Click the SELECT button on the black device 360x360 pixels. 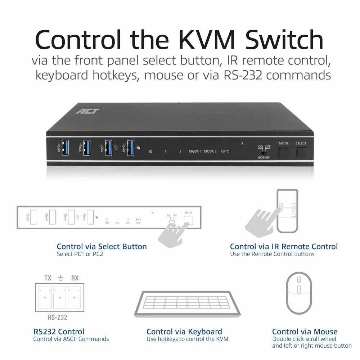(301, 152)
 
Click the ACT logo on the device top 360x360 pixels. (88, 111)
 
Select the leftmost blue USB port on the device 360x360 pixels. (65, 148)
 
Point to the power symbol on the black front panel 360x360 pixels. (150, 152)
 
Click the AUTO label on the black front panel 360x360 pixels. (225, 151)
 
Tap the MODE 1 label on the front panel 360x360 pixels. (195, 151)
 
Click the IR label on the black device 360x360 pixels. (242, 143)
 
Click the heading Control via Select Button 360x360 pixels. (102, 247)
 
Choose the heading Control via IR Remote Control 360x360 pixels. (284, 247)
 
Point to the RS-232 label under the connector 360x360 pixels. (57, 317)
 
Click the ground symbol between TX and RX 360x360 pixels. (60, 278)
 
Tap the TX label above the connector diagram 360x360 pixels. (48, 278)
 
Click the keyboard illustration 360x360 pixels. (187, 304)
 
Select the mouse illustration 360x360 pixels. (299, 293)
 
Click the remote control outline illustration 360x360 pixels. (287, 211)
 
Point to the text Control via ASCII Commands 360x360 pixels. (71, 339)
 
